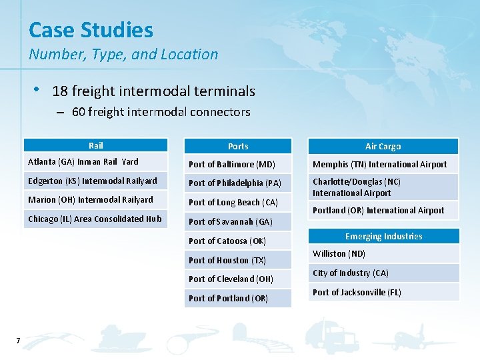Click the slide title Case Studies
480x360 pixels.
91,30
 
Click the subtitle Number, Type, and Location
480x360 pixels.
123,55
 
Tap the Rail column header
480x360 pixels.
96,145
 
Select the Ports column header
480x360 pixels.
238,147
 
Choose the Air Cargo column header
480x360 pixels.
383,147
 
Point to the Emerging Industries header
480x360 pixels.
383,236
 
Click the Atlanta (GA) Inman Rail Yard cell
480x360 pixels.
83,161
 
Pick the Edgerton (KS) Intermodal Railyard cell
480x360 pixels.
93,181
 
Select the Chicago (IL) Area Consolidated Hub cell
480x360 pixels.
95,219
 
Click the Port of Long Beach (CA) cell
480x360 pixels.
233,202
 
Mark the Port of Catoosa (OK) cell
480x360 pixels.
227,241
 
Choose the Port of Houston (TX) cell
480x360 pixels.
227,260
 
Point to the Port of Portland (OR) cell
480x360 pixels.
228,298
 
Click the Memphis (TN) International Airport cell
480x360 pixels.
380,164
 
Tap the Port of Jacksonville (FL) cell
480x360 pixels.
357,292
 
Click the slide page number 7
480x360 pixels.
18,341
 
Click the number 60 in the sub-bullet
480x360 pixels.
79,112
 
